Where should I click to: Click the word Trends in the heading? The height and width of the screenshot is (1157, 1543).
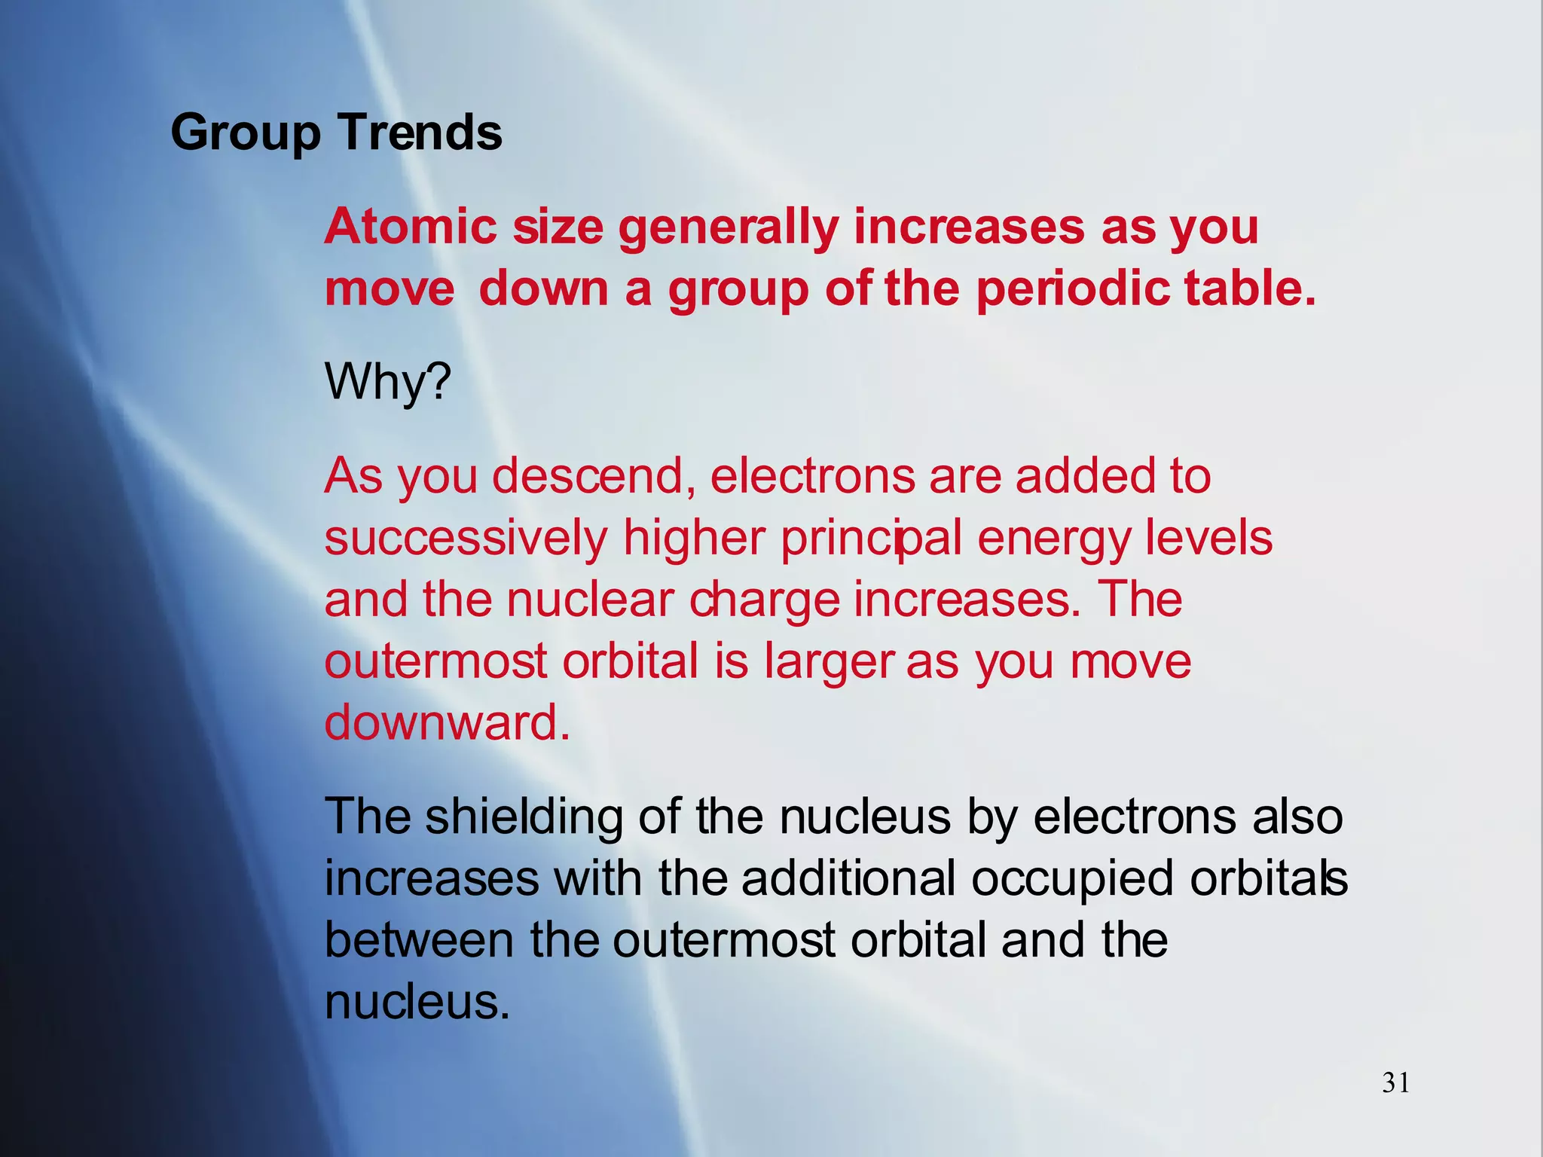(420, 133)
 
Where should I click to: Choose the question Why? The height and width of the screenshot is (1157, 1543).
(387, 383)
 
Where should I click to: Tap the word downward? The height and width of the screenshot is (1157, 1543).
(446, 722)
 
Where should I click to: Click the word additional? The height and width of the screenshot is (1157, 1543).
(848, 878)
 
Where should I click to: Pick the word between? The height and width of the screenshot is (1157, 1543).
(419, 940)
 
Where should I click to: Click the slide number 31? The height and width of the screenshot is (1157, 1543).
(1395, 1083)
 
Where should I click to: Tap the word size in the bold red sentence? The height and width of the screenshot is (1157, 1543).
(558, 227)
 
